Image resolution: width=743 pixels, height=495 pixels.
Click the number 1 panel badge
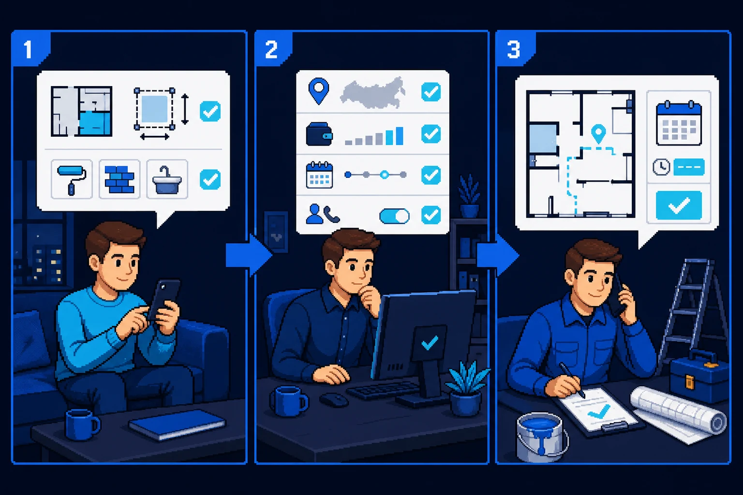(x=29, y=49)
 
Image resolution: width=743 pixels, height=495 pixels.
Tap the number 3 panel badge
(x=514, y=49)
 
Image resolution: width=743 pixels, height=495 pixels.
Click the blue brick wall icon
(x=119, y=179)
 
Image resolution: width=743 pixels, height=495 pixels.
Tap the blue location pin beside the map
(x=318, y=91)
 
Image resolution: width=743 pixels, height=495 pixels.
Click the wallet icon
(x=319, y=134)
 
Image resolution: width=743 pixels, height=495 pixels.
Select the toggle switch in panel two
(x=394, y=217)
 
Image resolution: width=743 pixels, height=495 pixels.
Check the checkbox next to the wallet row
(x=431, y=134)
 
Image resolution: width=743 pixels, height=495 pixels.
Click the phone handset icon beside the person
(x=331, y=214)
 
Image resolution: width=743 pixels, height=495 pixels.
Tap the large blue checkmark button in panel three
(x=679, y=205)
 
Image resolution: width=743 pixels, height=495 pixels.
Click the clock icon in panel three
(x=661, y=167)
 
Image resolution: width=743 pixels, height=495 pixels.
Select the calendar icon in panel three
(x=679, y=123)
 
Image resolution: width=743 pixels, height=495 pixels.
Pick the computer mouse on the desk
(x=334, y=399)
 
